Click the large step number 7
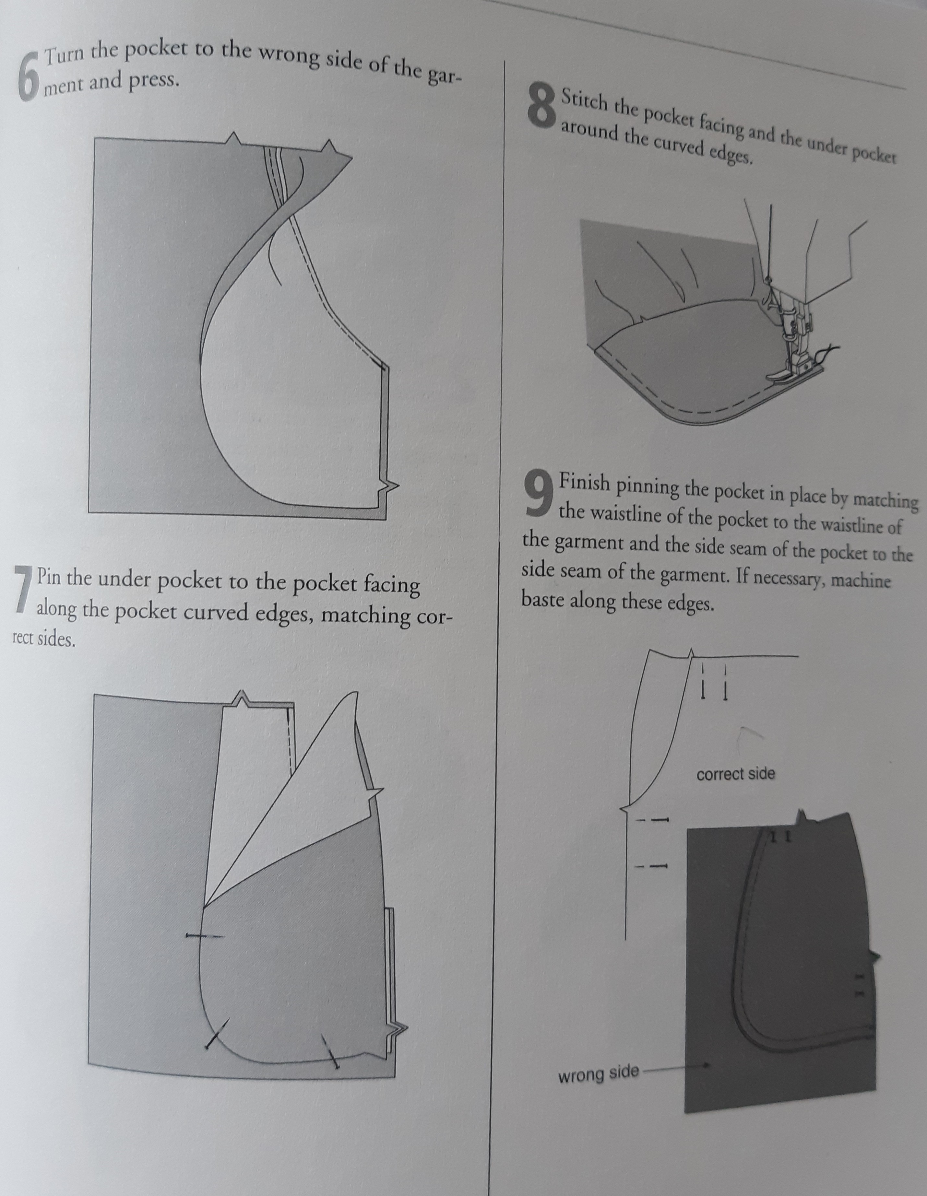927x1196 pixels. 22,588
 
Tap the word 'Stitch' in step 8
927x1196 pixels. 584,102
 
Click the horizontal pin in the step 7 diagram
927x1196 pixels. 204,936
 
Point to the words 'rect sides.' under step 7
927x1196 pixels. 43,639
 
